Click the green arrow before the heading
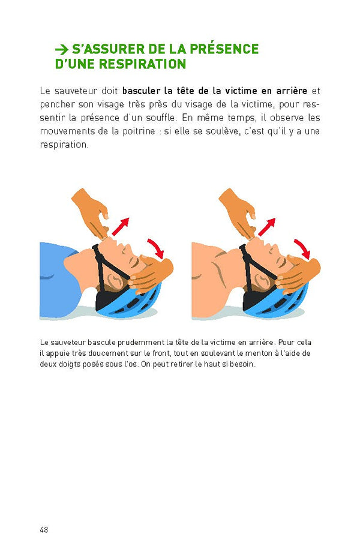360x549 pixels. pos(61,49)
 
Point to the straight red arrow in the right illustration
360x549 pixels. pos(267,227)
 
